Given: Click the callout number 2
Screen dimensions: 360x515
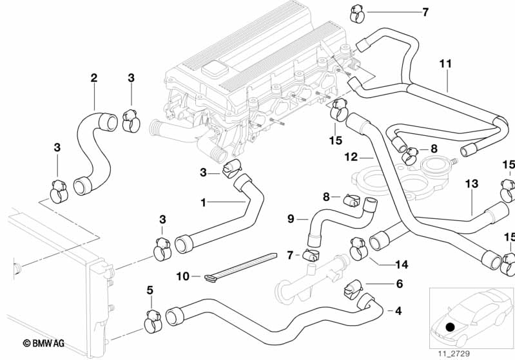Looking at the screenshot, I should [x=94, y=78].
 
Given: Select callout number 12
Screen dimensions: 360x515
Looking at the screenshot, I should [x=350, y=156].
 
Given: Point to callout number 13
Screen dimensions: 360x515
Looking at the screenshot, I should [x=472, y=184].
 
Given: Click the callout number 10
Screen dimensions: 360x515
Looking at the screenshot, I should [x=182, y=276].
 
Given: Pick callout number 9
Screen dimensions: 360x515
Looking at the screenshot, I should [x=290, y=219].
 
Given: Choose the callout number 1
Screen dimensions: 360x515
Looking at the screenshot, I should [x=204, y=202].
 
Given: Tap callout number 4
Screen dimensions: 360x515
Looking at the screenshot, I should [x=398, y=311].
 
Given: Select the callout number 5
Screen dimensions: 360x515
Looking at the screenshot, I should [x=150, y=290].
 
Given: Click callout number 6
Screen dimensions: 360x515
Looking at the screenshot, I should [x=399, y=283].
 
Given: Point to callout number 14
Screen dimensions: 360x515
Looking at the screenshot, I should [x=403, y=263].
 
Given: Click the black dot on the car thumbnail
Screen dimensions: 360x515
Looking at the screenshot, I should [x=450, y=327].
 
